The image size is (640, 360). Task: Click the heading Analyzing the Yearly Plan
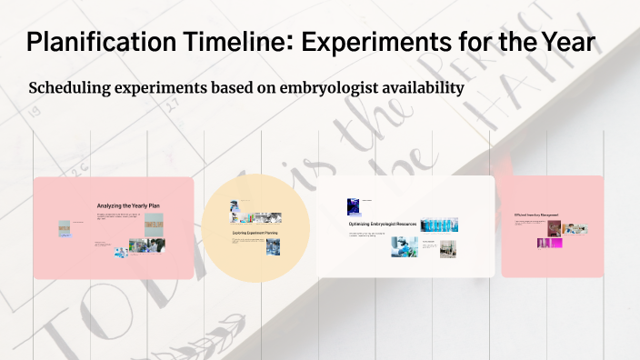[x=128, y=206]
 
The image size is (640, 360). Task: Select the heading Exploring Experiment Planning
[x=255, y=233]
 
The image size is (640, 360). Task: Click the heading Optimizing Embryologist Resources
[x=384, y=223]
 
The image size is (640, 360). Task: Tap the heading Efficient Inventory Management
[x=536, y=215]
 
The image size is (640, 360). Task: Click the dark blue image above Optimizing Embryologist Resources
[x=354, y=206]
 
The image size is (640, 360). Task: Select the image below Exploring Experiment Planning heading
[x=273, y=246]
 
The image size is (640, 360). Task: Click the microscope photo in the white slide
[x=404, y=246]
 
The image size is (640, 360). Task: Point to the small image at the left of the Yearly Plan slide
[x=65, y=228]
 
